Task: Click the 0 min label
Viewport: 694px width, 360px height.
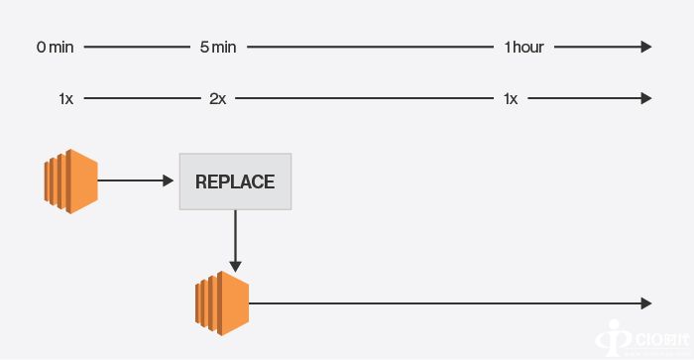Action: pos(56,47)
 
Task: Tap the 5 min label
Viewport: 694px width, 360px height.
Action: pos(218,47)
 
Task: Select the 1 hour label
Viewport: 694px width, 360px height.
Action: pos(524,47)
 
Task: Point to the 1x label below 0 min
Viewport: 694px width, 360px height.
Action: pos(65,98)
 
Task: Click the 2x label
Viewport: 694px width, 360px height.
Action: pos(217,98)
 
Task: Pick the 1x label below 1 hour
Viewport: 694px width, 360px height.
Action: pos(511,98)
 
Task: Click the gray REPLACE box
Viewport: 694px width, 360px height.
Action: pos(235,181)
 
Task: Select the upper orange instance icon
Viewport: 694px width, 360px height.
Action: pos(70,181)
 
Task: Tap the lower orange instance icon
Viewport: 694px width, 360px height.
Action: pos(222,303)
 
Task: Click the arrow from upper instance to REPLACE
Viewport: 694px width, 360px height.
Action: pos(135,181)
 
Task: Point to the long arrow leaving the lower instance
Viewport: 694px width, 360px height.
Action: pos(446,303)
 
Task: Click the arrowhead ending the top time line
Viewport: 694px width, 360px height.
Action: pos(646,47)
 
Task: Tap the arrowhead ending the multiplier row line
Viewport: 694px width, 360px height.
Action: pos(646,98)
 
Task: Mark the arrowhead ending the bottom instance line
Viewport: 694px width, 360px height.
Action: pos(646,303)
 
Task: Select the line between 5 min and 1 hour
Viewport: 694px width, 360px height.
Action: pos(372,47)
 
